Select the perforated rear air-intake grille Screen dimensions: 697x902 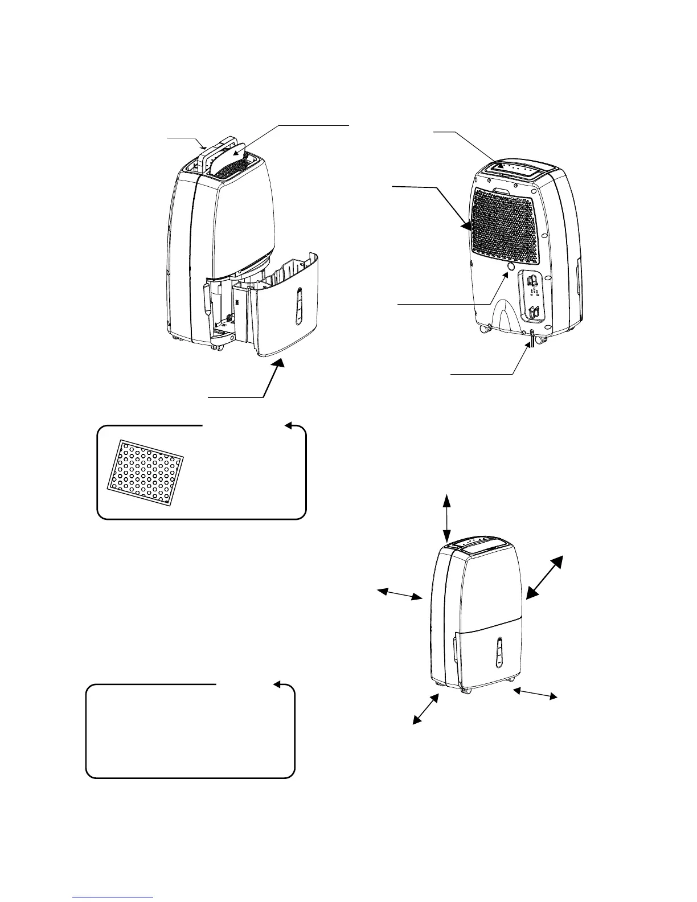click(504, 228)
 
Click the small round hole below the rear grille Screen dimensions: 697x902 click(510, 266)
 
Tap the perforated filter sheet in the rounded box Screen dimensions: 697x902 click(146, 472)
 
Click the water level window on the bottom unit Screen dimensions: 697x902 click(498, 651)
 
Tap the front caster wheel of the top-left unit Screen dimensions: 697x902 click(216, 347)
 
